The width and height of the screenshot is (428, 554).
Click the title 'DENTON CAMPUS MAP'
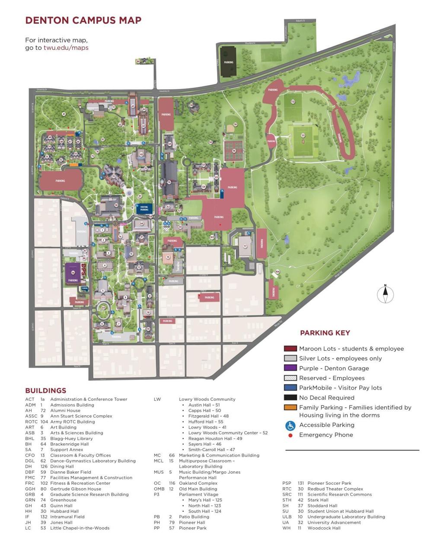tap(83, 20)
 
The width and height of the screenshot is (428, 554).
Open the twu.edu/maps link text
tap(66, 48)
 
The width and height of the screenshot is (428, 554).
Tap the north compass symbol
tap(385, 295)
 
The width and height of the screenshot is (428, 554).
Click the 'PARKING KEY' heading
tap(325, 333)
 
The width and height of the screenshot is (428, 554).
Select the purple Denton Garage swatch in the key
tap(290, 368)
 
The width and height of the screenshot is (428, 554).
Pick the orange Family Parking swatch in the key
tap(290, 407)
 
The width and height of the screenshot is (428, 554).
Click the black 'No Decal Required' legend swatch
tap(290, 397)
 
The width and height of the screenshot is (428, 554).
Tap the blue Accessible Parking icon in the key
tap(290, 426)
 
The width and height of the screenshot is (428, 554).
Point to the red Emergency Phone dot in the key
tap(290, 435)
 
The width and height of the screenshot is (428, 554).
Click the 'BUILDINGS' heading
tap(45, 391)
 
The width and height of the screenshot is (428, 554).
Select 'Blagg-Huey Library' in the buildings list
tap(71, 439)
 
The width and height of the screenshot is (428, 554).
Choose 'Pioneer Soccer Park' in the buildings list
tap(329, 484)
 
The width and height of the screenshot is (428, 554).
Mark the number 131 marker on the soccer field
tap(303, 135)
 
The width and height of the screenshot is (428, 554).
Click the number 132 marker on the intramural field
tap(293, 102)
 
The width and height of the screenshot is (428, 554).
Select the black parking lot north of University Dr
tap(228, 63)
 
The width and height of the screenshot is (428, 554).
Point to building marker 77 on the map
tap(245, 246)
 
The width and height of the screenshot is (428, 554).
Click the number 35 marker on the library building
tap(113, 176)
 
